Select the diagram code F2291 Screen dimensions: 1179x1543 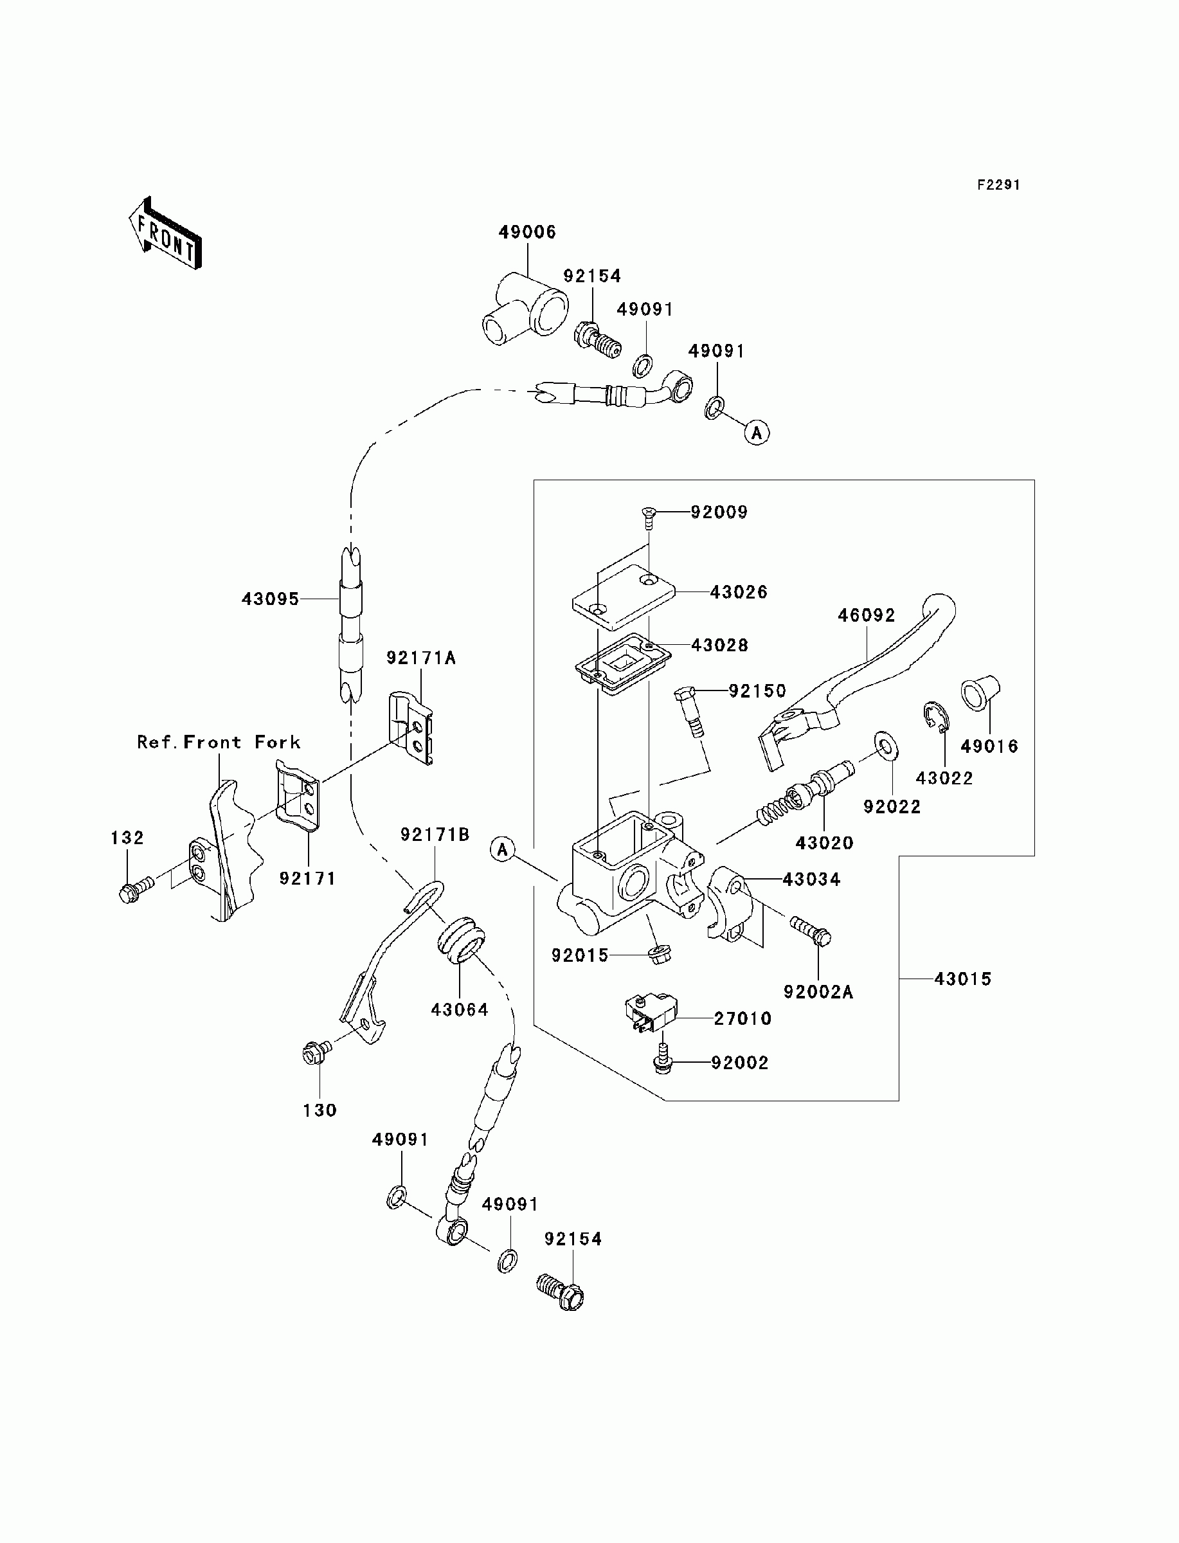point(998,185)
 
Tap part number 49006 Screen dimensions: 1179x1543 point(527,232)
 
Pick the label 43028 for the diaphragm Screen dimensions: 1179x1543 point(719,645)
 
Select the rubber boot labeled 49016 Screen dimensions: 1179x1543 point(980,693)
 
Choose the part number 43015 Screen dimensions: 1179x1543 point(963,979)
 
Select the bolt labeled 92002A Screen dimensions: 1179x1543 point(811,931)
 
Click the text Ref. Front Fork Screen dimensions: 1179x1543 point(219,743)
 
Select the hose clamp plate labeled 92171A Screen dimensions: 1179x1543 point(411,728)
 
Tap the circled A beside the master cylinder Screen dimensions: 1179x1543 point(503,850)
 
